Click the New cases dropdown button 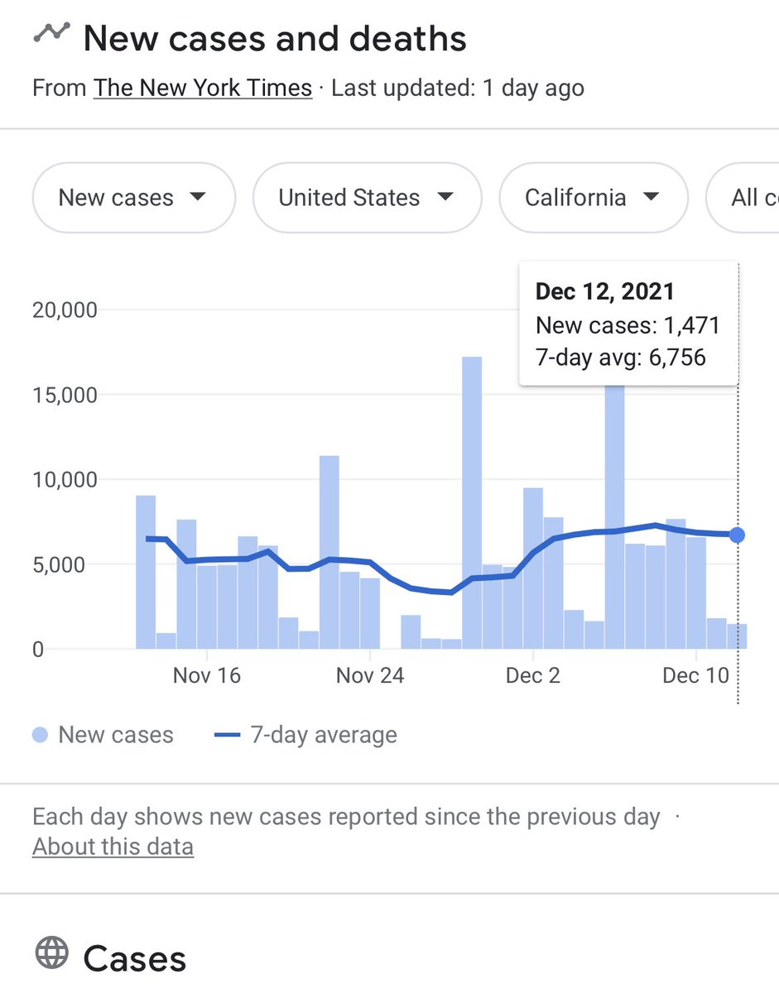133,198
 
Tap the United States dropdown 367,198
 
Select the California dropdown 593,198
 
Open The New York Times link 203,88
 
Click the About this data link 113,847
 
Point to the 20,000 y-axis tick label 65,310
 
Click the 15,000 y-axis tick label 65,395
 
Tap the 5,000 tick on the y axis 70,565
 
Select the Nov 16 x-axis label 206,675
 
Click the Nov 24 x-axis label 370,675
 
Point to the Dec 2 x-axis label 533,675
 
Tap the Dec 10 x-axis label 696,675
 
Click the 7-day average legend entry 305,735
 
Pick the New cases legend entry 103,735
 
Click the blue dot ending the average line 737,535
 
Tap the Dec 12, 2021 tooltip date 604,291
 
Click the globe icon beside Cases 51,954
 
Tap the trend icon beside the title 50,33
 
